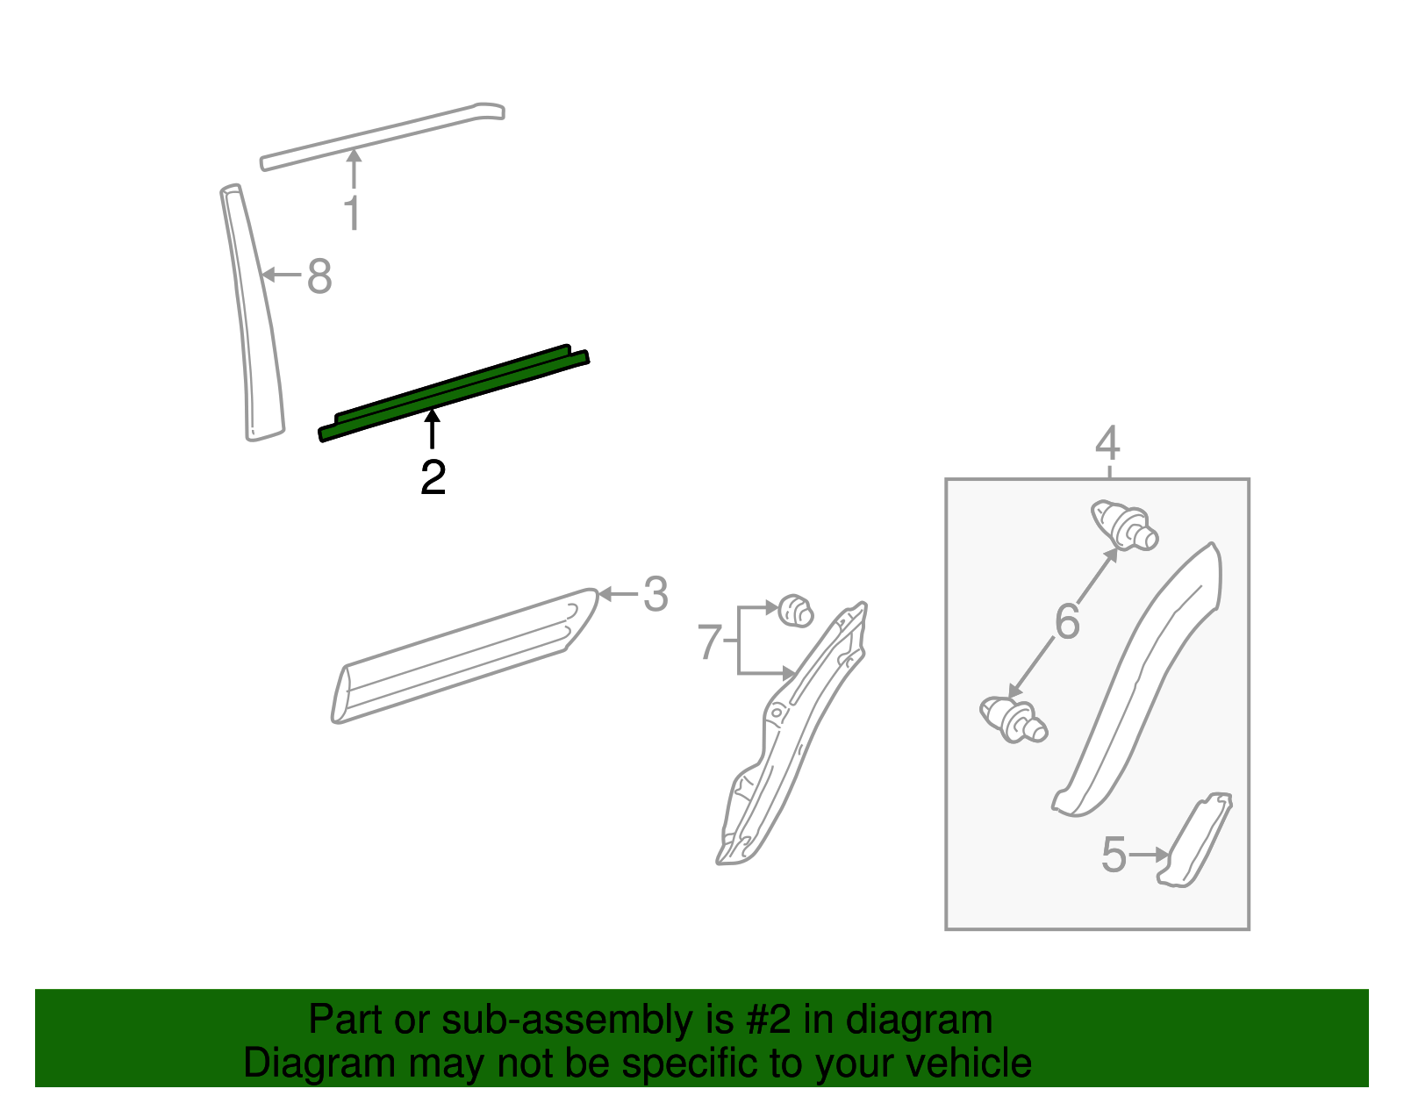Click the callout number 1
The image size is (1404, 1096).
(x=352, y=213)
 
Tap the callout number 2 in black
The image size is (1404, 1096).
(x=433, y=477)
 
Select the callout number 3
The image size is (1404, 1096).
(x=655, y=595)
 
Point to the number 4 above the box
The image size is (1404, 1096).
(x=1107, y=443)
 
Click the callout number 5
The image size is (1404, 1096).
(x=1114, y=855)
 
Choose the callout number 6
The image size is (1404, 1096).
(x=1067, y=621)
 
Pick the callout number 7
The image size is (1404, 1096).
(x=709, y=641)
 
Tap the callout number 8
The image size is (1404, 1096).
(x=319, y=276)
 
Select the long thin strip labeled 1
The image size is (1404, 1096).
(x=382, y=136)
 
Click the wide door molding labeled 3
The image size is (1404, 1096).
(x=465, y=656)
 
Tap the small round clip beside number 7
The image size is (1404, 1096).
(x=795, y=610)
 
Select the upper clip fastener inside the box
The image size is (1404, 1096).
(x=1124, y=525)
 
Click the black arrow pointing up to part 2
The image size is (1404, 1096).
(x=432, y=430)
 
